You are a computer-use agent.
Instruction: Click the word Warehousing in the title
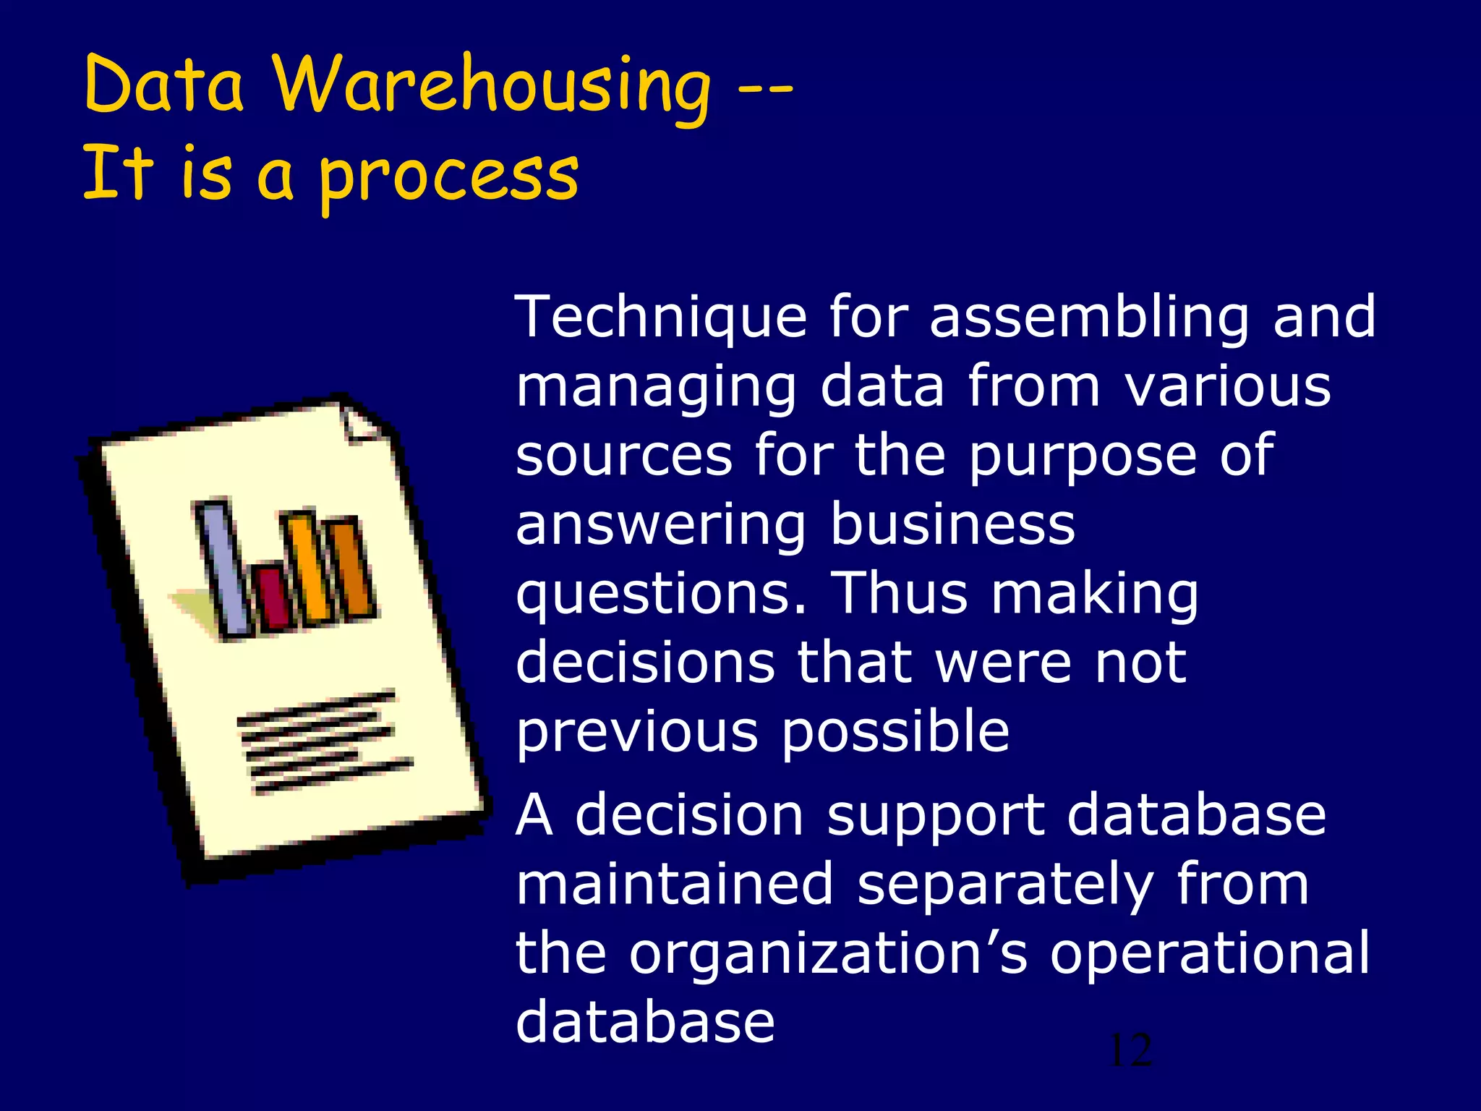pyautogui.click(x=492, y=85)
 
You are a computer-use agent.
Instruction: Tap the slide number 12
pyautogui.click(x=1130, y=1051)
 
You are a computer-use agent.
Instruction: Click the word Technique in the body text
pyautogui.click(x=660, y=318)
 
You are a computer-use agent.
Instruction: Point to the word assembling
pyautogui.click(x=1089, y=318)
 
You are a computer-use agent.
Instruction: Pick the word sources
pyautogui.click(x=624, y=456)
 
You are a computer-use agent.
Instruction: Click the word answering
pyautogui.click(x=660, y=526)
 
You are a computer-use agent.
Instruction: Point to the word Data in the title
pyautogui.click(x=164, y=85)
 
